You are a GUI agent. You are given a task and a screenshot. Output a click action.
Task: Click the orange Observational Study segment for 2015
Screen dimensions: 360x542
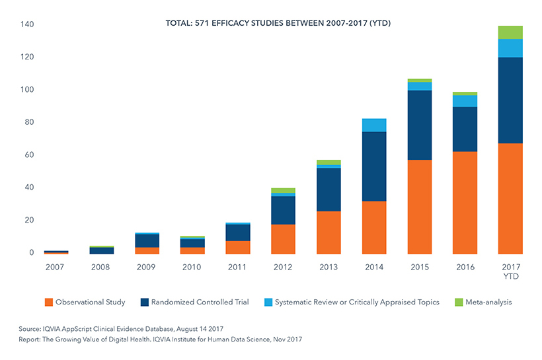pyautogui.click(x=420, y=207)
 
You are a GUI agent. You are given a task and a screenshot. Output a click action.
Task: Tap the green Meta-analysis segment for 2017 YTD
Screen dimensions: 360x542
pyautogui.click(x=510, y=32)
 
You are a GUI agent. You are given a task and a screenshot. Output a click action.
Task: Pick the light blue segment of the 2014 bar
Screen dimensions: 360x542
pyautogui.click(x=374, y=125)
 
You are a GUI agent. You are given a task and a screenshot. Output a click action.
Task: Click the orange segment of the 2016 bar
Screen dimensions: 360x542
pyautogui.click(x=465, y=202)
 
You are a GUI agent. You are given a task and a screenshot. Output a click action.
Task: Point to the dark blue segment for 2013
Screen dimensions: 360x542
pyautogui.click(x=329, y=190)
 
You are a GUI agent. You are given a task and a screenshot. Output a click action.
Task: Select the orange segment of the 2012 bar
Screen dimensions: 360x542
pyautogui.click(x=284, y=238)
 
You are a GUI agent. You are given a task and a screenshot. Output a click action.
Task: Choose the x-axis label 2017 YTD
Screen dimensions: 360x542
pyautogui.click(x=510, y=271)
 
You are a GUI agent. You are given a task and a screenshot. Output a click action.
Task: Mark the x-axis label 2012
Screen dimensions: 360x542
pyautogui.click(x=284, y=267)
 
